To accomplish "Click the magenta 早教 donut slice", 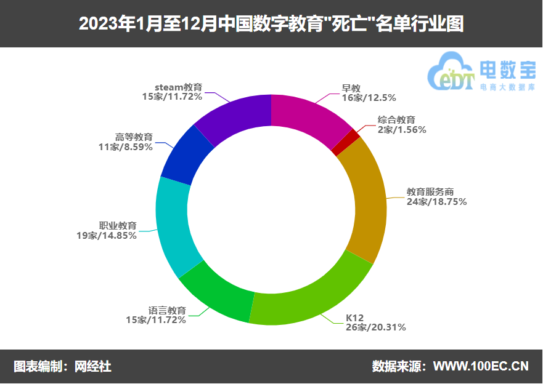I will point(308,116).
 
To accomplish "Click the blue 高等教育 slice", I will point(186,154).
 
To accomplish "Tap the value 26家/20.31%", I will point(376,327).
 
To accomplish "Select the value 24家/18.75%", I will point(436,201).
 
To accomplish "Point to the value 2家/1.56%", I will point(402,129).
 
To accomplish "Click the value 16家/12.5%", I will point(369,97).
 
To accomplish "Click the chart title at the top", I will point(271,23).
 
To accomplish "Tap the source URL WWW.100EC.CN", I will point(481,366).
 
